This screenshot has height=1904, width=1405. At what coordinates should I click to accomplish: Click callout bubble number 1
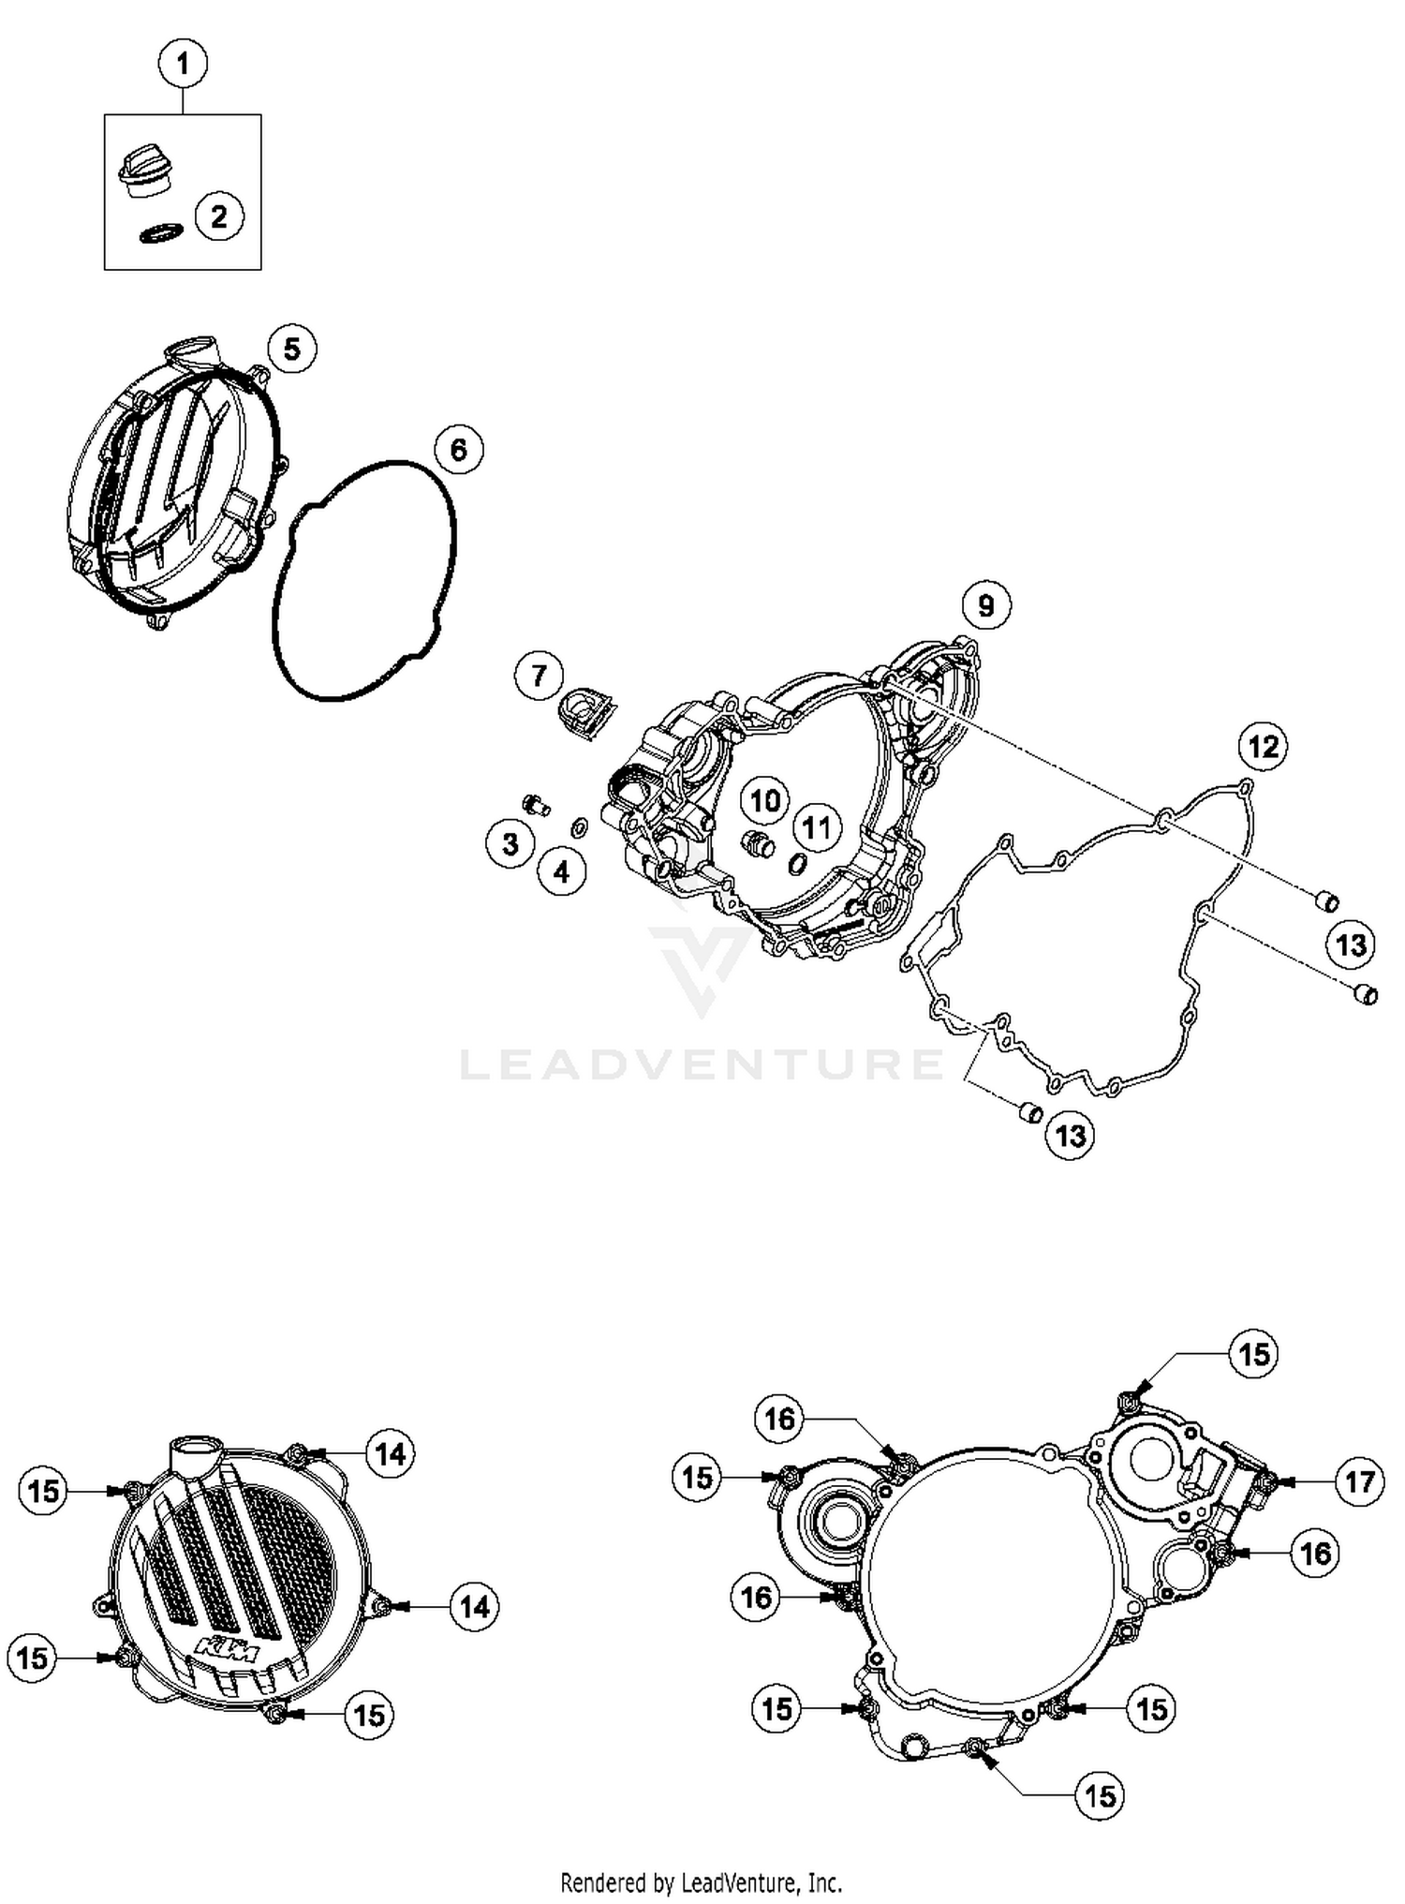[183, 65]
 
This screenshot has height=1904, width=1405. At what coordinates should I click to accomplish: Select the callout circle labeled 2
[219, 217]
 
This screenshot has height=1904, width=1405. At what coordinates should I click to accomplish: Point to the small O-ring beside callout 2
[160, 233]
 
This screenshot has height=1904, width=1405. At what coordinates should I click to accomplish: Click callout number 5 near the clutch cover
[292, 350]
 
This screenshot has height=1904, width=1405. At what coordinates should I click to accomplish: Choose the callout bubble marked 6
[458, 451]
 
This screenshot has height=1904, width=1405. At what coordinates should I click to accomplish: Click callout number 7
[539, 676]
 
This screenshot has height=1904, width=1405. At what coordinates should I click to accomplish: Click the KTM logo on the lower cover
[230, 1653]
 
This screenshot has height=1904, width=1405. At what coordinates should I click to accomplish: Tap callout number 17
[1359, 1481]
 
